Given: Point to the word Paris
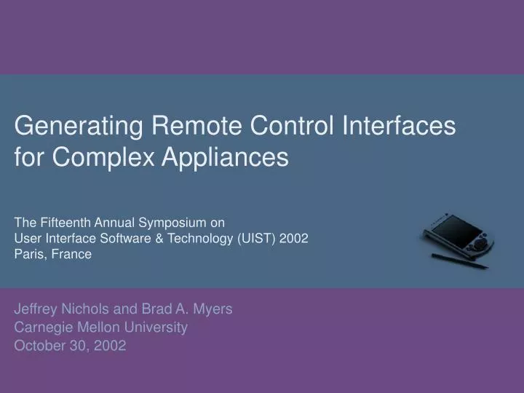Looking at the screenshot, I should pos(28,254).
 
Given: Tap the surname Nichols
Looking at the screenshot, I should pos(88,309).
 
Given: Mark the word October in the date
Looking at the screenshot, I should pos(39,346).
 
